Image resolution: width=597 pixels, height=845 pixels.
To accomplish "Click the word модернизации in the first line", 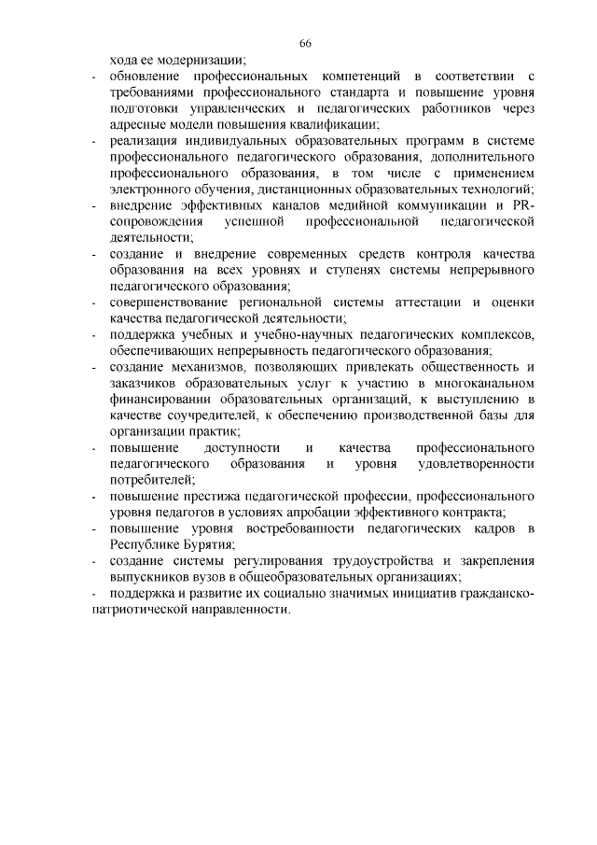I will pyautogui.click(x=201, y=59).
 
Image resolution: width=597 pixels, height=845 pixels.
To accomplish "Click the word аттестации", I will pyautogui.click(x=416, y=303).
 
